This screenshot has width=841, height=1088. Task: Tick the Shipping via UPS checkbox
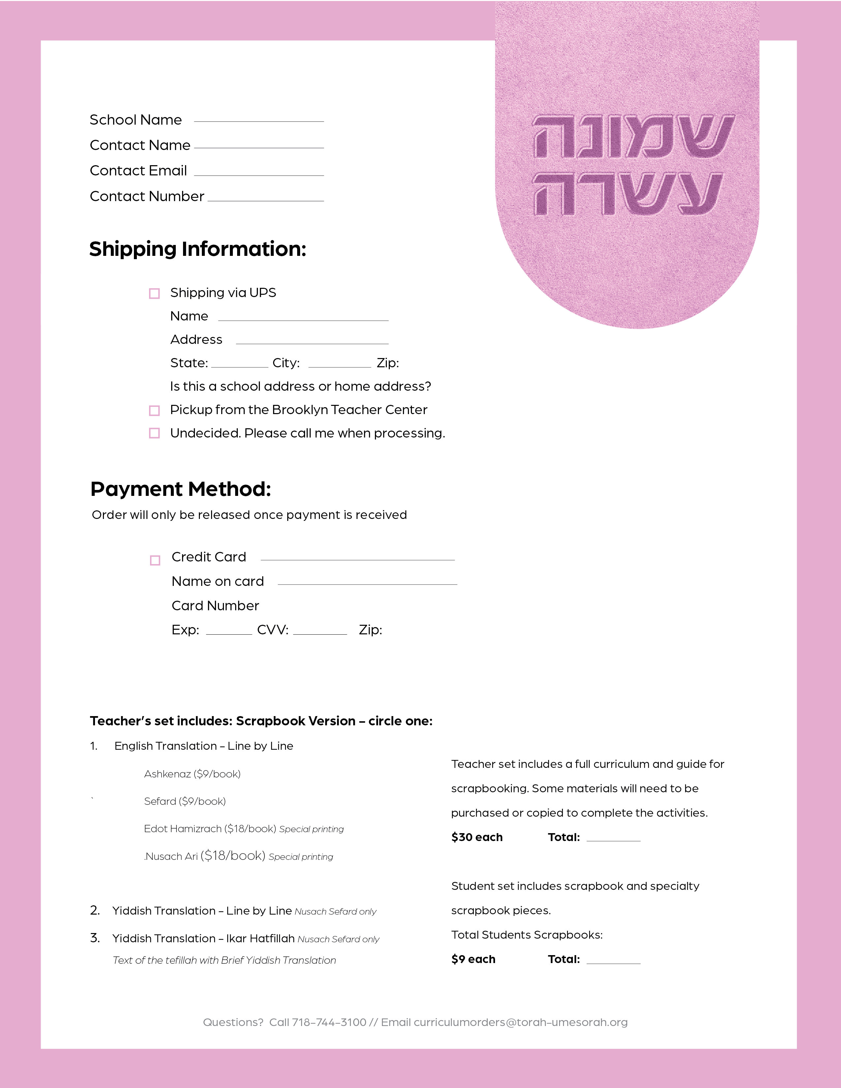154,293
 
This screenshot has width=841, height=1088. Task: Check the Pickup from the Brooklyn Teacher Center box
154,410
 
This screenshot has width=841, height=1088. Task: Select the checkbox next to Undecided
154,434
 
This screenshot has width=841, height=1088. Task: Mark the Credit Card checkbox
155,560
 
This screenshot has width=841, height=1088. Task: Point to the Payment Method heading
180,489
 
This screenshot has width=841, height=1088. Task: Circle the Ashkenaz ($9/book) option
192,774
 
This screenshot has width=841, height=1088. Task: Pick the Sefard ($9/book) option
185,801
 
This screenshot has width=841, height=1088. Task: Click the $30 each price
477,837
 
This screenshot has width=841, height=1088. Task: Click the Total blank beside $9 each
613,962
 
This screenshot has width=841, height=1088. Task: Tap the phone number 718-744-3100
329,1023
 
